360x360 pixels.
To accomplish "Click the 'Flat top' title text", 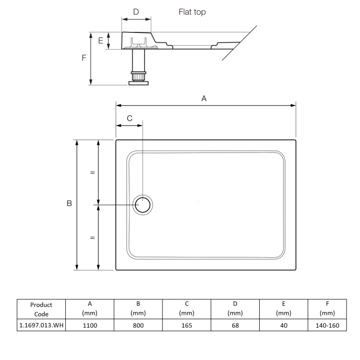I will (x=192, y=13).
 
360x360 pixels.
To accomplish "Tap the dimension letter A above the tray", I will (x=203, y=99).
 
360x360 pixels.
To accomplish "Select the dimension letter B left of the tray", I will (x=69, y=204).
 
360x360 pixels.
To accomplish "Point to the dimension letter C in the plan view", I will (x=130, y=118).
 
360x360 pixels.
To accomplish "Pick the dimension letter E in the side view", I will (x=101, y=41).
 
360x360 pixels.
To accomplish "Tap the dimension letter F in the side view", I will (x=84, y=58).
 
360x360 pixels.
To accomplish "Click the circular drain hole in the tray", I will (x=143, y=205).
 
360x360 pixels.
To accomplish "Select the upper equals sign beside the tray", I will (x=92, y=172).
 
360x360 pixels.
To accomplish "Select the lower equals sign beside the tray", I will (x=92, y=238).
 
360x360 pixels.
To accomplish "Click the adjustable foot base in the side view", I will (x=138, y=82).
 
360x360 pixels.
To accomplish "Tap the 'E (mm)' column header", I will (x=283, y=309).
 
